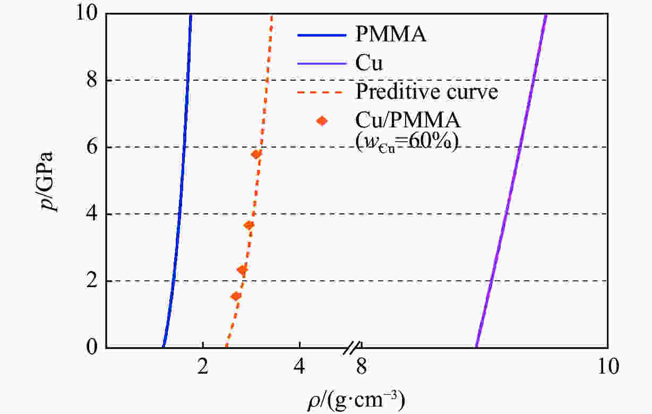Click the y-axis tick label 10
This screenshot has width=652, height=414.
coord(87,13)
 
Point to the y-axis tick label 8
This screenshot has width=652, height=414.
coord(93,80)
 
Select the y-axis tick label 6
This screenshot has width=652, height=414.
coord(93,147)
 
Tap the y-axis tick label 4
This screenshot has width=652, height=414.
coord(93,214)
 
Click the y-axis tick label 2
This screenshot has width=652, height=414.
coord(93,281)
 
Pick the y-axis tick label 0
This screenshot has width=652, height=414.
coord(93,348)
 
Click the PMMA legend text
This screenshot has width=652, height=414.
coord(391,36)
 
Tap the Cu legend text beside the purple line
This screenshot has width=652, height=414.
coord(369,64)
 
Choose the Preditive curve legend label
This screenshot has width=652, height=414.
coord(427,92)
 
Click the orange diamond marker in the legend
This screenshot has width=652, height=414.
coord(321,121)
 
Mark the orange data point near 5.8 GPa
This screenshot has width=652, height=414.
coord(256,154)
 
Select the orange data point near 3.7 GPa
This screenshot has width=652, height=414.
coord(248,225)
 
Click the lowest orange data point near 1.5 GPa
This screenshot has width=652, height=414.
coord(236,296)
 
